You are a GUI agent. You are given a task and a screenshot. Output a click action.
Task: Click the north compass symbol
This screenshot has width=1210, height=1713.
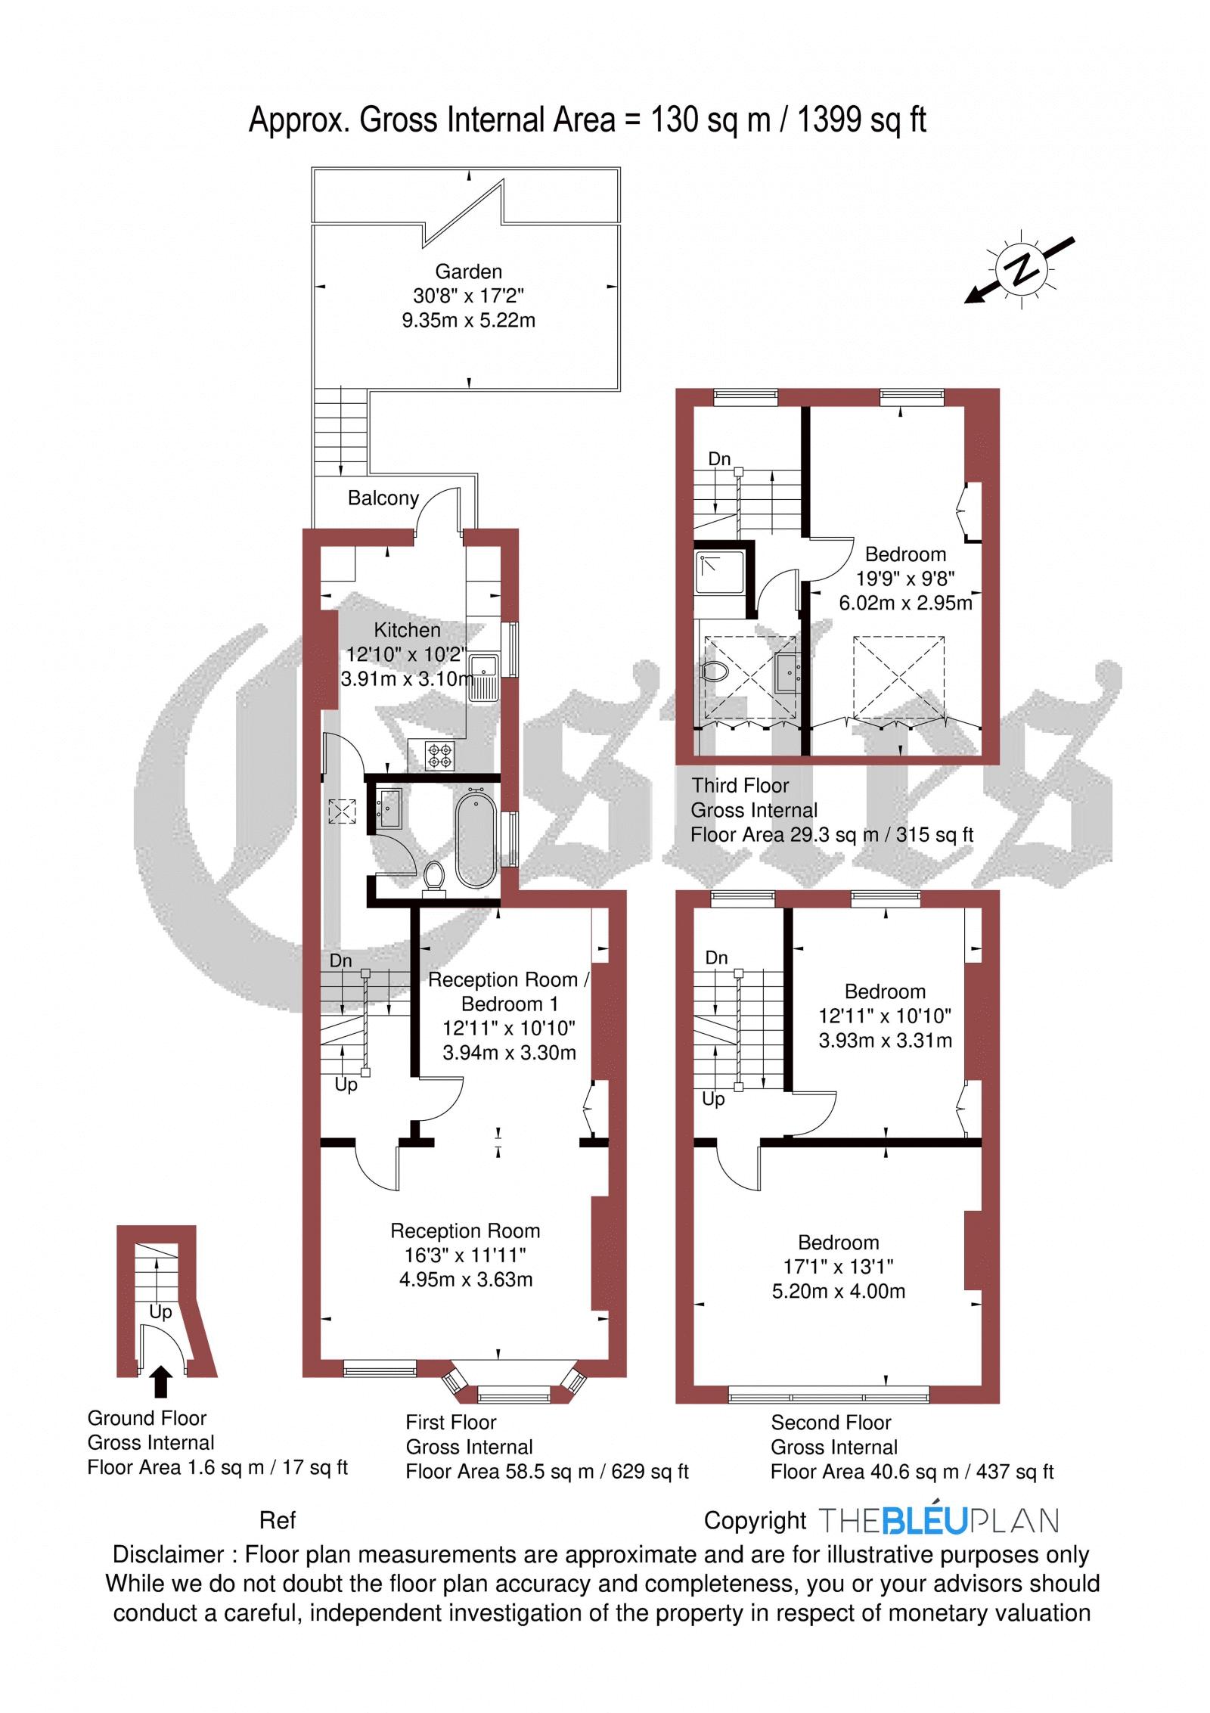(1021, 269)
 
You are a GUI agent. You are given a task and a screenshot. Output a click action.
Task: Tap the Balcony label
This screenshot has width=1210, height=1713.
(383, 498)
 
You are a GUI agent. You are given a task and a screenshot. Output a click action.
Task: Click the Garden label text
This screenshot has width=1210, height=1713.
(468, 272)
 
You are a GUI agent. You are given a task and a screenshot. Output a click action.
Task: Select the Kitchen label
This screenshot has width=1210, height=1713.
(407, 630)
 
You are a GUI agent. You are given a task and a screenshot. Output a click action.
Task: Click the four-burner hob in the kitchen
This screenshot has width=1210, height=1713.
(441, 754)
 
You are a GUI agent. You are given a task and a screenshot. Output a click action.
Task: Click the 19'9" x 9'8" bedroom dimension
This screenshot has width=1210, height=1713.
(905, 579)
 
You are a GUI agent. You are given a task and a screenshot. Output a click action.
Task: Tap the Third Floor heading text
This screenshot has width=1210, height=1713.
(740, 785)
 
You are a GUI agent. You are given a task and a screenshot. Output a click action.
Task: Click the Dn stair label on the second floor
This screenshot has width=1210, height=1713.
(716, 957)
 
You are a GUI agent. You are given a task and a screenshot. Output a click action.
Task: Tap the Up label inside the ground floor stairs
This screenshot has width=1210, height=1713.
(160, 1312)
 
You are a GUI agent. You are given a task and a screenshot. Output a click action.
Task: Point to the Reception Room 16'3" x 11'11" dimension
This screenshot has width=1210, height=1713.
(465, 1255)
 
